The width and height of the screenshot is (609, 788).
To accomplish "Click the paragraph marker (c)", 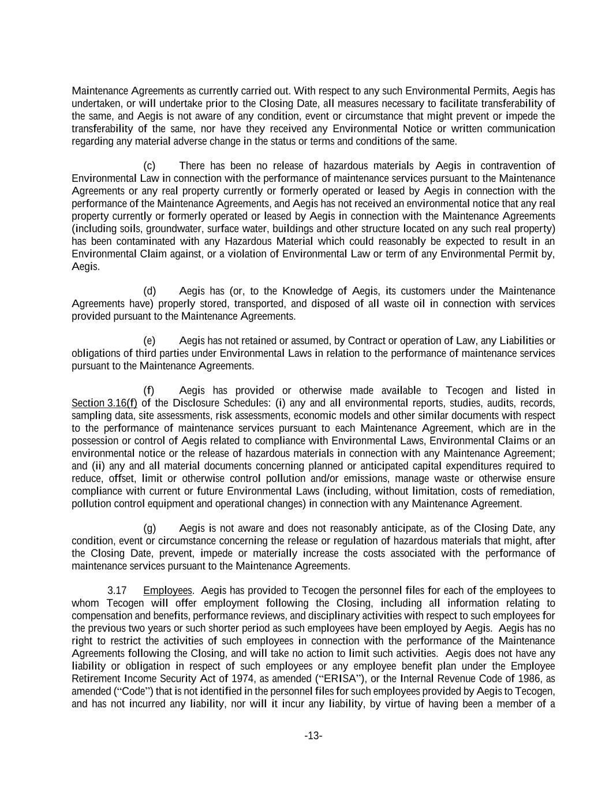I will click(x=150, y=166).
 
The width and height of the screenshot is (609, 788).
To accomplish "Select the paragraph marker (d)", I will click(x=150, y=291).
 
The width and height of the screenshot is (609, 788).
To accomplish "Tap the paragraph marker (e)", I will click(x=150, y=341).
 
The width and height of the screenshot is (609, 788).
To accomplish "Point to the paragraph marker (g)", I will click(x=150, y=528).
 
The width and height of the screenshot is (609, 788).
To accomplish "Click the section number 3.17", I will click(x=117, y=591).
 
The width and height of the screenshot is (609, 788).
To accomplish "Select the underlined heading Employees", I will click(x=167, y=591).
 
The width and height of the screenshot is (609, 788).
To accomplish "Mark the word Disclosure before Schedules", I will click(x=199, y=404).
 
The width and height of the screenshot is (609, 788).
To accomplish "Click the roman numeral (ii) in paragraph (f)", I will click(x=98, y=466).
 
